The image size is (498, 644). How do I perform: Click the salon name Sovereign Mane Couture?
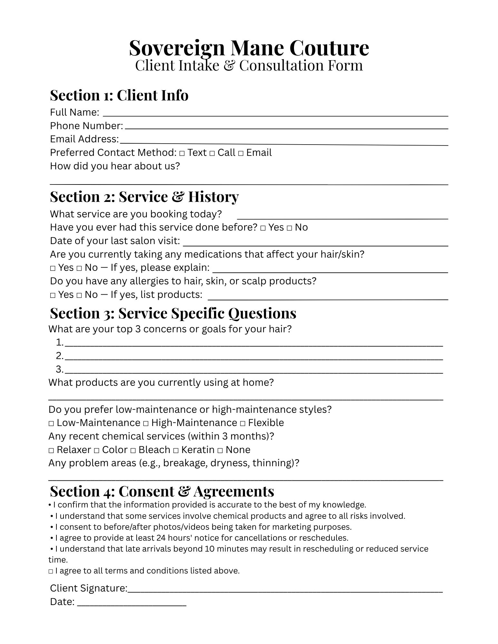249,48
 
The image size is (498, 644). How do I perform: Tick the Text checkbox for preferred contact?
182,153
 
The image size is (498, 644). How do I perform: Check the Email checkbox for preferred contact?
241,153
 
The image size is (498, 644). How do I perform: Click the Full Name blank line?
275,114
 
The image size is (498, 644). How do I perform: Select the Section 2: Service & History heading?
144,197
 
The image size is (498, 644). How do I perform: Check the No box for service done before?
289,228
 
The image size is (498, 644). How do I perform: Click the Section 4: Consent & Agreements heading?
162,491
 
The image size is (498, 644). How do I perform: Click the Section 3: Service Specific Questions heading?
173,313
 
